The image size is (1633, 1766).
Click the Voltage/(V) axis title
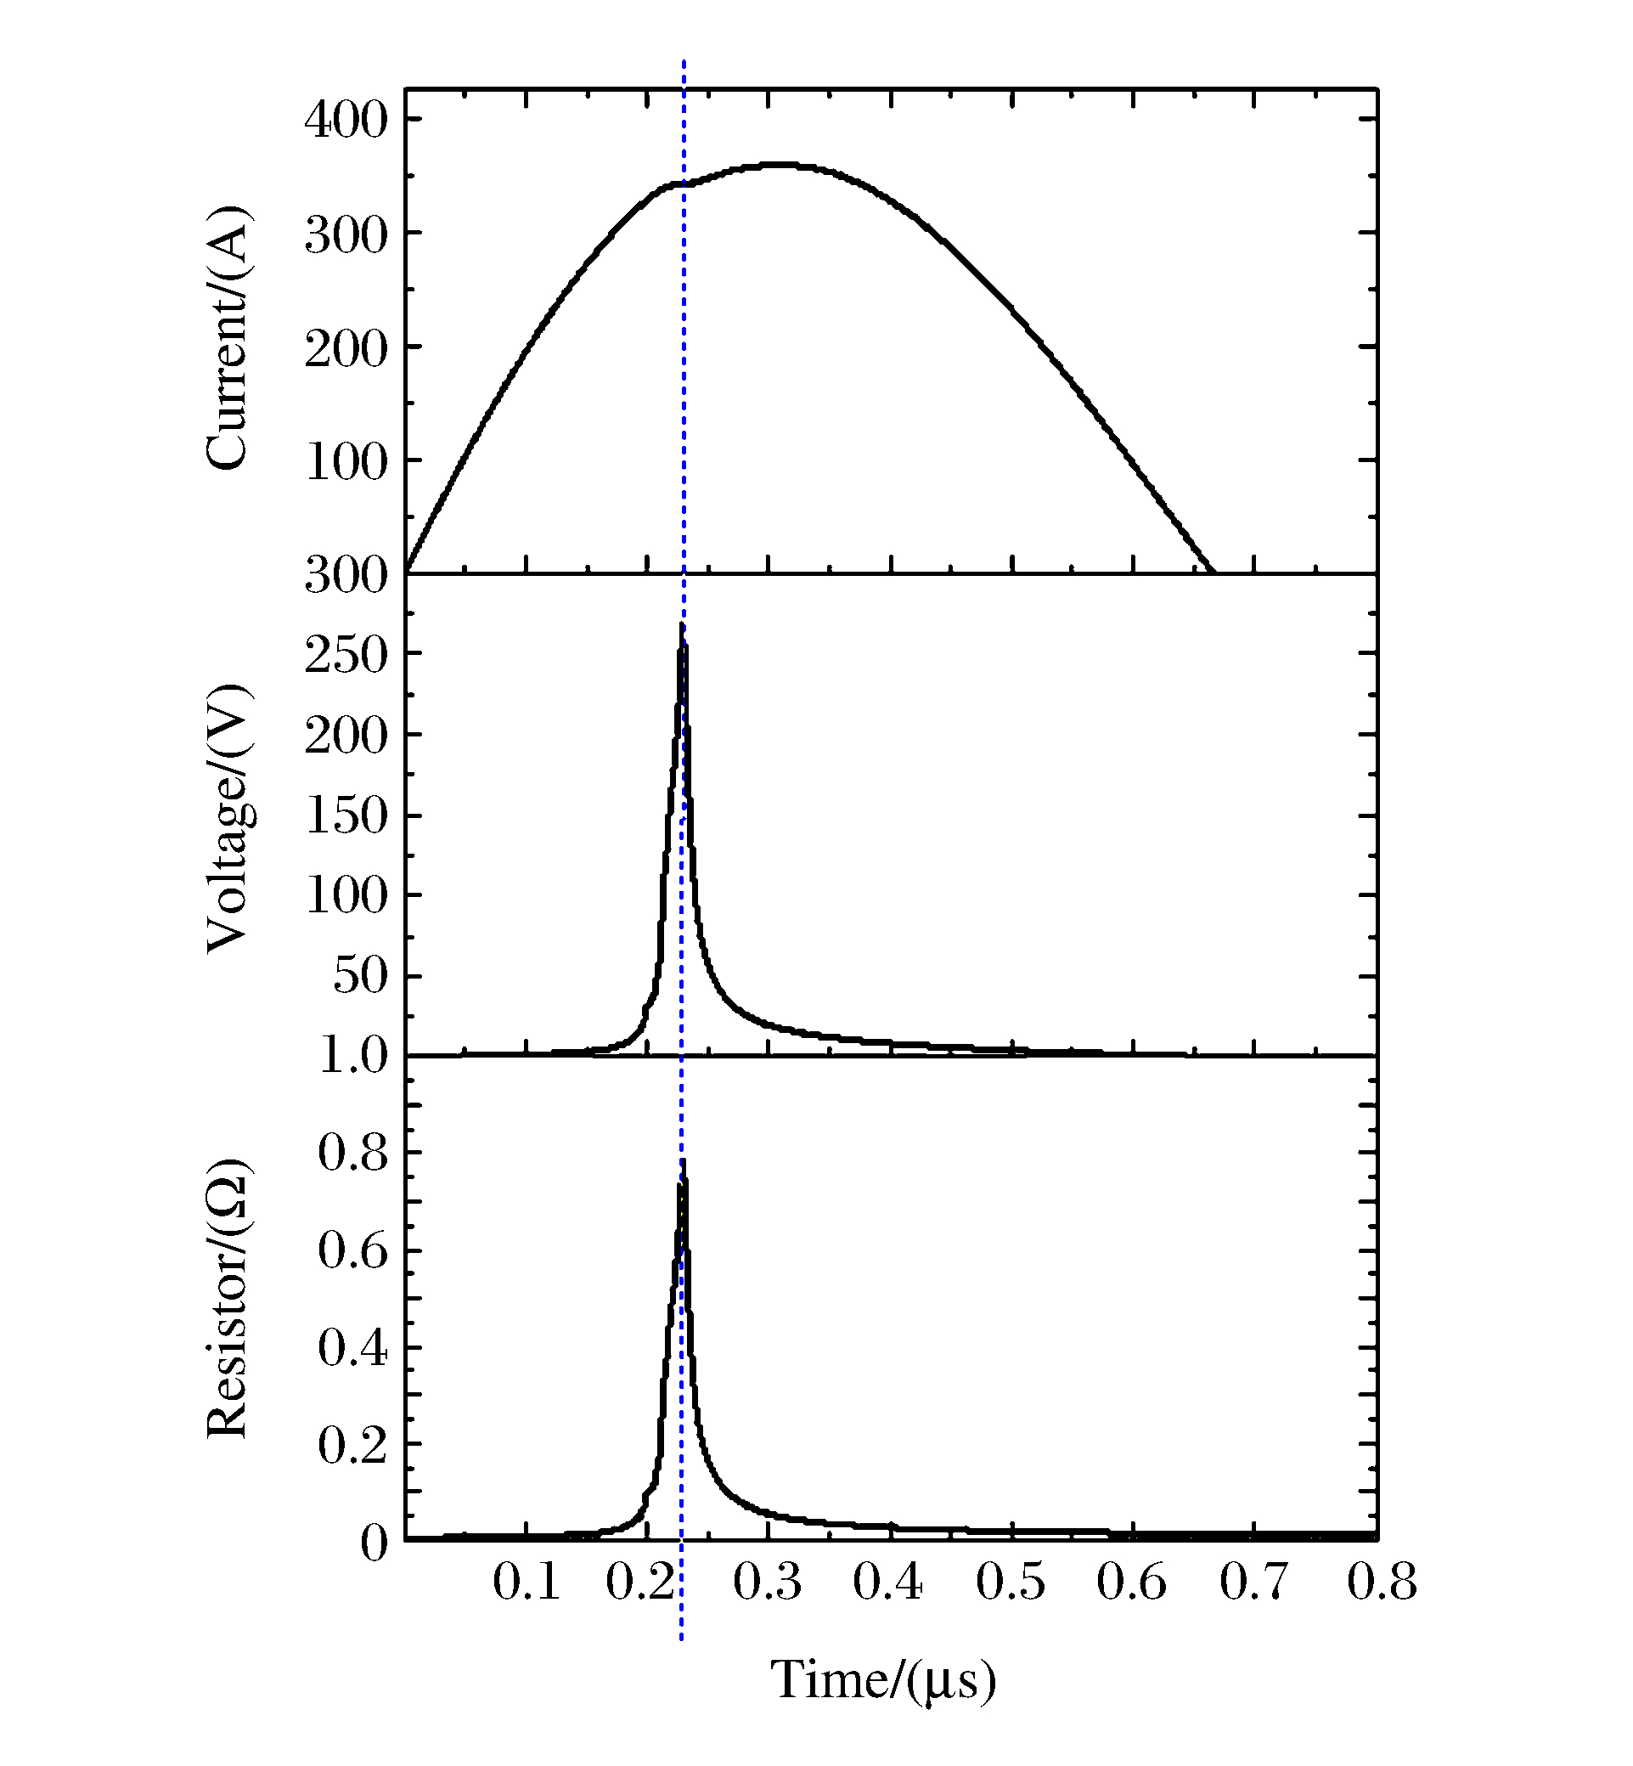[x=228, y=819]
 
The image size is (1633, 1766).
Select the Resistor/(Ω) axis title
[x=228, y=1300]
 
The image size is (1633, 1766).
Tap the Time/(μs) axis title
[x=883, y=1679]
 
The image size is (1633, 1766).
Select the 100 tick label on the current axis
[x=346, y=461]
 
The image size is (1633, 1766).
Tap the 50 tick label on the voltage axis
[x=361, y=977]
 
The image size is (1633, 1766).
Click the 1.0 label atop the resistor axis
[x=352, y=1055]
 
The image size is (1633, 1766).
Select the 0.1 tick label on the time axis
[x=527, y=1582]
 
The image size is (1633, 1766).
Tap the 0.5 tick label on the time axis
[x=1011, y=1582]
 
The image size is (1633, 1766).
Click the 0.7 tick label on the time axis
[x=1254, y=1582]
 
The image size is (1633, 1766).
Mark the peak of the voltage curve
[x=682, y=626]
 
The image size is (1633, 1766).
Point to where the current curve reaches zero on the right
[x=1213, y=572]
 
